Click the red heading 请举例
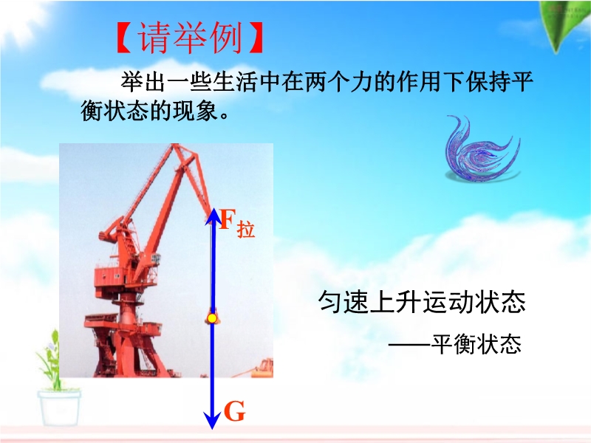click(190, 38)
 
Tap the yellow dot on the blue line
click(212, 319)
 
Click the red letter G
click(234, 411)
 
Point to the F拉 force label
click(236, 223)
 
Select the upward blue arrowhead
click(213, 216)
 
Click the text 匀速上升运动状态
click(422, 302)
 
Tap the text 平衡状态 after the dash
click(476, 343)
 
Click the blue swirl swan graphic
click(482, 150)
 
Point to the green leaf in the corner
click(564, 24)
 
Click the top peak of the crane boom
click(174, 145)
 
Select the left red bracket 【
click(124, 38)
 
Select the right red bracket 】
click(256, 38)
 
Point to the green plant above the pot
click(52, 360)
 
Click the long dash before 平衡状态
click(410, 344)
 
